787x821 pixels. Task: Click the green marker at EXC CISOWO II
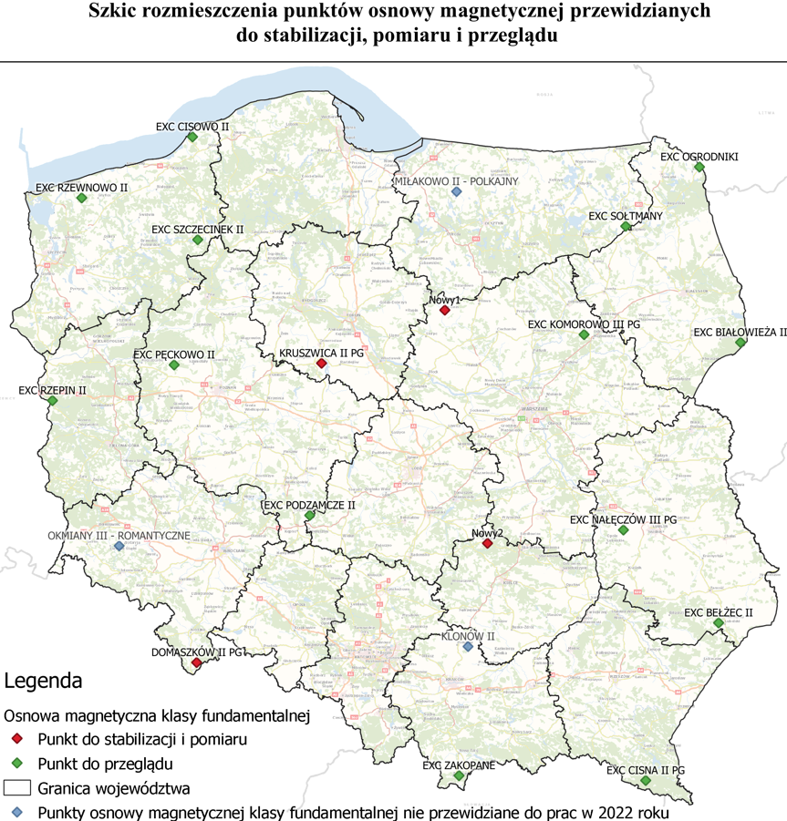(x=192, y=137)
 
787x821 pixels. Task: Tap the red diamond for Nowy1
(x=444, y=311)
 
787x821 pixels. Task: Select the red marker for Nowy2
(x=488, y=544)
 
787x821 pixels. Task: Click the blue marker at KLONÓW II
(x=468, y=647)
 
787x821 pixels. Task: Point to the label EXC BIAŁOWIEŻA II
(x=740, y=333)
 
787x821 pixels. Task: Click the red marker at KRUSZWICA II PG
(x=321, y=364)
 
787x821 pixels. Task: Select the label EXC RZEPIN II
(x=53, y=391)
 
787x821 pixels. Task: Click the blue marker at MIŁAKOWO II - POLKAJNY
(x=457, y=192)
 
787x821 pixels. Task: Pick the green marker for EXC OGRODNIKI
(x=699, y=168)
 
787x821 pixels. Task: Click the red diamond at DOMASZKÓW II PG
(x=196, y=662)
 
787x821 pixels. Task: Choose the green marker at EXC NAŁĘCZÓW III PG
(x=624, y=530)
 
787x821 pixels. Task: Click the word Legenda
(x=43, y=681)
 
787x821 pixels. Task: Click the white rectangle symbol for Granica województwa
(x=18, y=786)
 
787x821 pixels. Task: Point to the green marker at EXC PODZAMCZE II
(x=309, y=516)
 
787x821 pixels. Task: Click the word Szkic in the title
(x=114, y=12)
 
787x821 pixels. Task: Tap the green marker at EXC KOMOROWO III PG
(x=584, y=335)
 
